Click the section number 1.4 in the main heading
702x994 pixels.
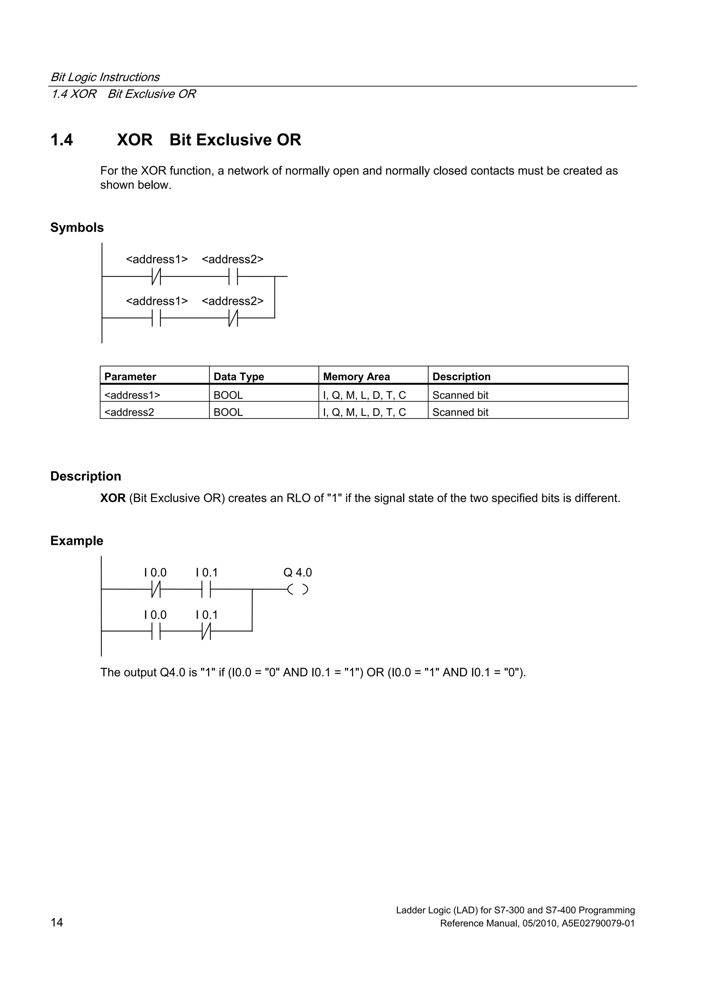point(61,140)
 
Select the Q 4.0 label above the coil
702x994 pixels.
point(298,572)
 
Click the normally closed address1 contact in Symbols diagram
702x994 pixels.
point(156,276)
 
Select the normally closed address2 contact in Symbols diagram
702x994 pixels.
point(233,318)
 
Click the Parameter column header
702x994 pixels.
point(130,377)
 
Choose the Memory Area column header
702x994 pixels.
point(356,377)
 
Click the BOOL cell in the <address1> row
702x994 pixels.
point(228,395)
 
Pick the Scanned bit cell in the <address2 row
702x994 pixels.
point(460,412)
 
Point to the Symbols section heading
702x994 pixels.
point(77,228)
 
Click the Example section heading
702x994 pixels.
point(76,541)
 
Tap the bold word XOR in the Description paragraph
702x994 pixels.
point(113,498)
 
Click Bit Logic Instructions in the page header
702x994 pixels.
point(105,77)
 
